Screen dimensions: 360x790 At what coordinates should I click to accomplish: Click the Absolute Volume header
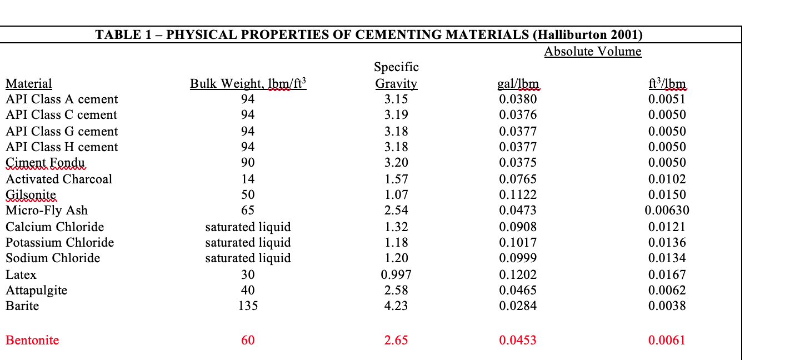[592, 52]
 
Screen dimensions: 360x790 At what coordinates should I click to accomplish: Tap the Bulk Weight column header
[248, 84]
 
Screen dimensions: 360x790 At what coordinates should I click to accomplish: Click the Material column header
[29, 84]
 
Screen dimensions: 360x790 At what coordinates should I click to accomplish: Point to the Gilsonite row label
[31, 195]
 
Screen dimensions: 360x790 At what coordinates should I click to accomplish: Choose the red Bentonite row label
[32, 340]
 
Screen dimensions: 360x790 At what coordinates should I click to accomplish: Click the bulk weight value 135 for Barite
[248, 306]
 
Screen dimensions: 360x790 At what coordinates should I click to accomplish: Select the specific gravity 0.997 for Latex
[396, 274]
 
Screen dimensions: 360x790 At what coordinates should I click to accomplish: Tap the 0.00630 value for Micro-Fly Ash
[667, 210]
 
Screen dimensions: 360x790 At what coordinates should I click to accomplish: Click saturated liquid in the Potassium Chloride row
[248, 242]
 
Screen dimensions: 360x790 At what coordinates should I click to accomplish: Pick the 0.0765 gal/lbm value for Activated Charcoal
[518, 179]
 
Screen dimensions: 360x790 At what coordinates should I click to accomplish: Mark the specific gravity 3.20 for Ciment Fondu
[396, 162]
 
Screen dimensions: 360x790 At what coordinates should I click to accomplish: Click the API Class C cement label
[62, 115]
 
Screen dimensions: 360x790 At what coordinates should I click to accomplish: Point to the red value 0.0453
[518, 340]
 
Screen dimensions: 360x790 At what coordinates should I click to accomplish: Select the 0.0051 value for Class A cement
[667, 99]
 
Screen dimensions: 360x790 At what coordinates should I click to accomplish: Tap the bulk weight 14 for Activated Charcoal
[248, 179]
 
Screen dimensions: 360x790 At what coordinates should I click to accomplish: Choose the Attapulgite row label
[36, 290]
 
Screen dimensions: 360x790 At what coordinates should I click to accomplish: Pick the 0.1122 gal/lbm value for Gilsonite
[518, 195]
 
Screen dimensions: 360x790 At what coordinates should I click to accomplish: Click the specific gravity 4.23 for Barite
[396, 306]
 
